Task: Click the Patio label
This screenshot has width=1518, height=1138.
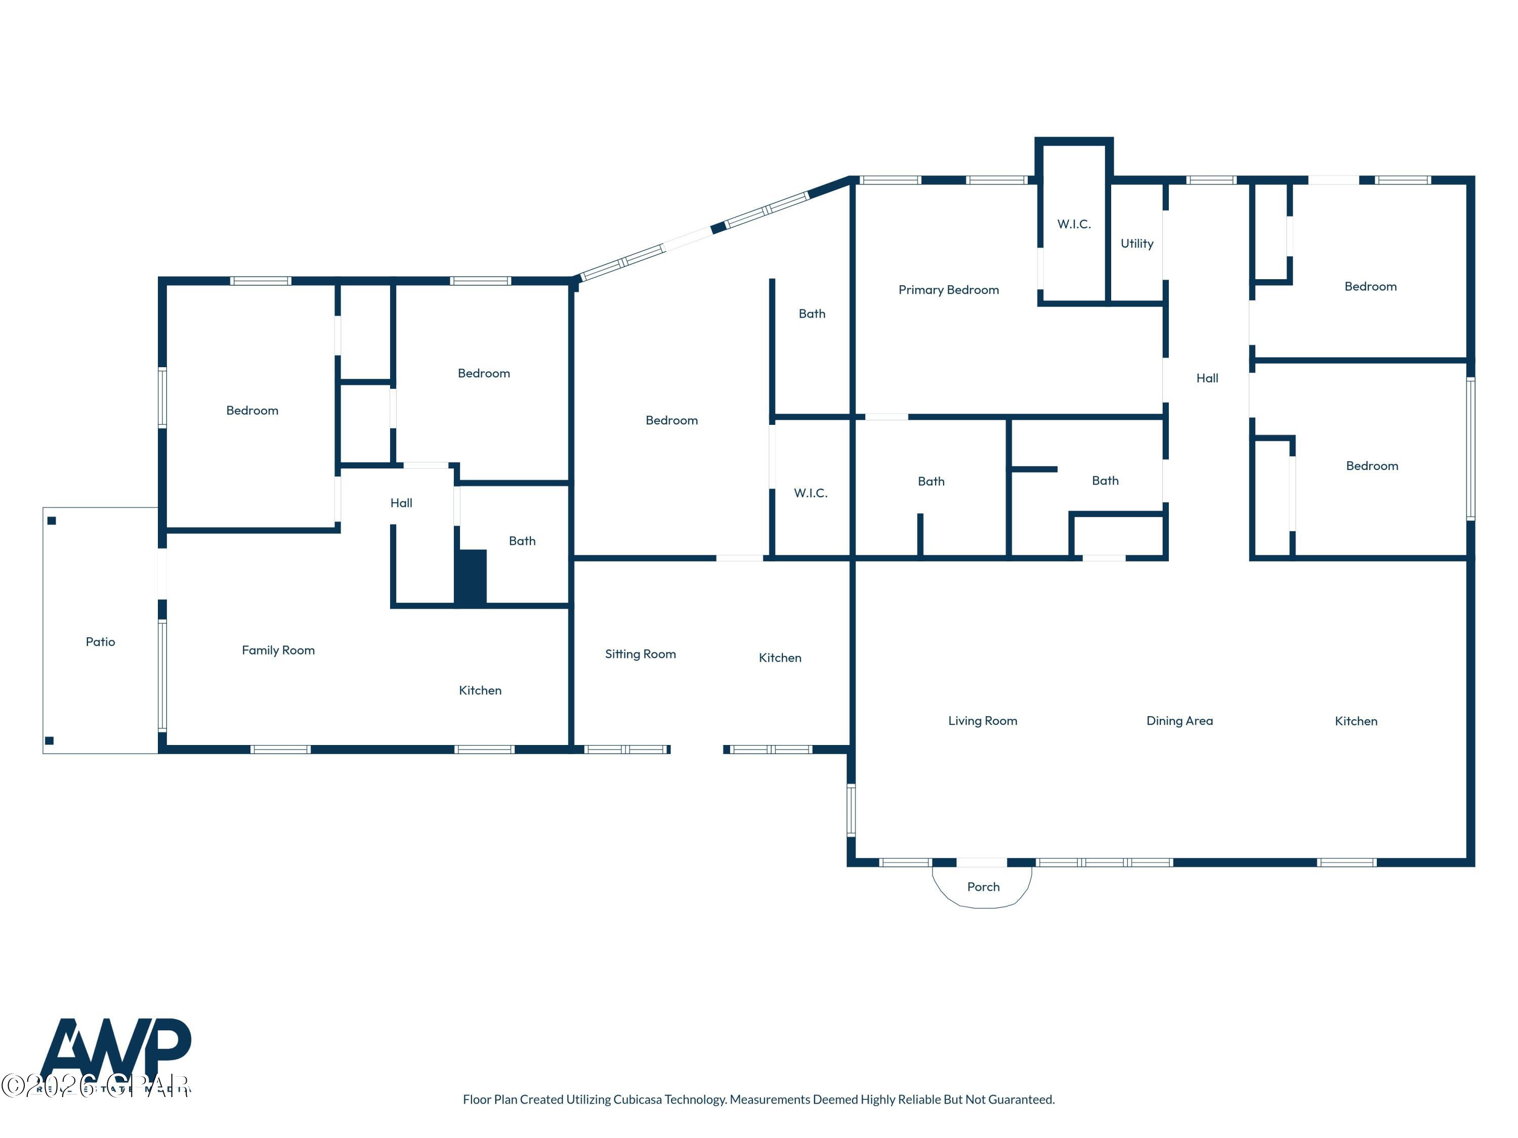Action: point(100,642)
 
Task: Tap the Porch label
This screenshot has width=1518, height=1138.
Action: point(983,887)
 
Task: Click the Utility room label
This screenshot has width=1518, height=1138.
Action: point(1136,243)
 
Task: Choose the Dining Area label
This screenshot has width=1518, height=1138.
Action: point(1179,721)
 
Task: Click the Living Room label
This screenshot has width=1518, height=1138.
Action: point(982,721)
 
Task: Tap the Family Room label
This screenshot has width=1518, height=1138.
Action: point(278,650)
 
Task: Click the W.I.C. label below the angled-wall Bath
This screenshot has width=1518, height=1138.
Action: point(811,493)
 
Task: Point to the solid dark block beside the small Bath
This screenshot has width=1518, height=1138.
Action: point(472,577)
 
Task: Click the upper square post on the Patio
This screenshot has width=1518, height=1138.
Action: point(52,520)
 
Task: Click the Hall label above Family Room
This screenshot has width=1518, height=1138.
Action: point(401,503)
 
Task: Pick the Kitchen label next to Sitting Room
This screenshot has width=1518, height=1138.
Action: point(780,658)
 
